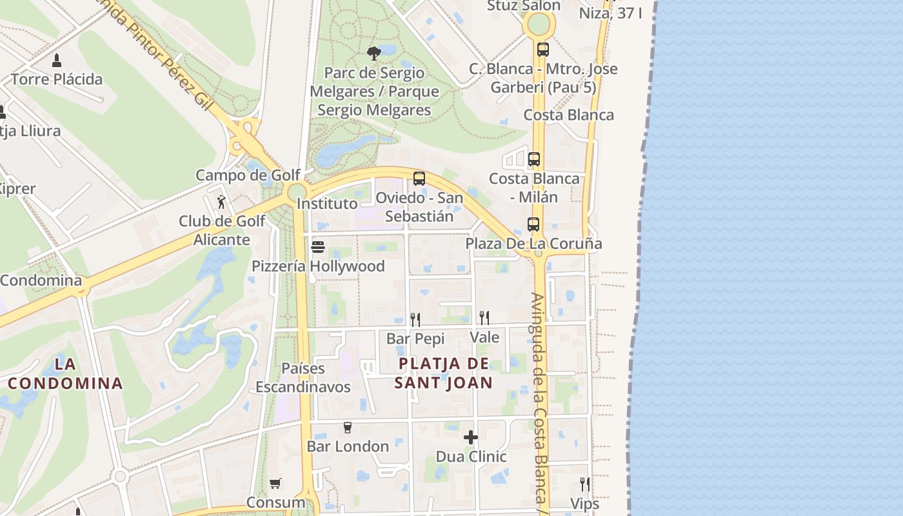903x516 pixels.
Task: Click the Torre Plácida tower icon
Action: pyautogui.click(x=57, y=61)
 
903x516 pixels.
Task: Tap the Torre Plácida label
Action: pyautogui.click(x=57, y=79)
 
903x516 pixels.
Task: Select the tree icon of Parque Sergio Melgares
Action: pyautogui.click(x=373, y=54)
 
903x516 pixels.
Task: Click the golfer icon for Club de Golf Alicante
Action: pyautogui.click(x=221, y=203)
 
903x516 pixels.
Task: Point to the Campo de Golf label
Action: pyautogui.click(x=248, y=175)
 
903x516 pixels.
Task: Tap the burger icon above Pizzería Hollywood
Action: pyautogui.click(x=317, y=247)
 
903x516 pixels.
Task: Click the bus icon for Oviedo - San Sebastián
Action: pyautogui.click(x=419, y=179)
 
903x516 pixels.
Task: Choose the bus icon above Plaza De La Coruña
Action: pyautogui.click(x=533, y=224)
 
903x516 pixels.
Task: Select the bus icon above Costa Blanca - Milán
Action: pyautogui.click(x=534, y=159)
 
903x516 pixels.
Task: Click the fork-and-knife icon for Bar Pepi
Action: pyautogui.click(x=415, y=319)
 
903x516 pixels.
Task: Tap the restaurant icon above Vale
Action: pyautogui.click(x=484, y=317)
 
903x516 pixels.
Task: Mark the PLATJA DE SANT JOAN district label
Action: pyautogui.click(x=444, y=373)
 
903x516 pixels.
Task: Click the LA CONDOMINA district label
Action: pyautogui.click(x=65, y=373)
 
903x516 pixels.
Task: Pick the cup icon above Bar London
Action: pyautogui.click(x=348, y=427)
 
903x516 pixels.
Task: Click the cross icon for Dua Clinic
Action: pyautogui.click(x=471, y=437)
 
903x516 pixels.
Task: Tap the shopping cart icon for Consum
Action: pyautogui.click(x=275, y=483)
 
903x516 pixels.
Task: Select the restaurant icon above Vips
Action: pyautogui.click(x=584, y=484)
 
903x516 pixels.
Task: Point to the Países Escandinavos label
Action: pyautogui.click(x=303, y=377)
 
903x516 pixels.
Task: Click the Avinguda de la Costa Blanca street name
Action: pyautogui.click(x=539, y=400)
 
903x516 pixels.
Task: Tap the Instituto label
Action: pyautogui.click(x=327, y=204)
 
